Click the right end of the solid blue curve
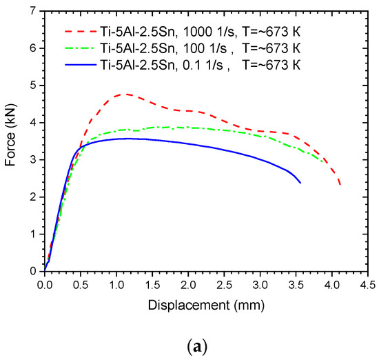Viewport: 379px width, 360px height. pos(300,182)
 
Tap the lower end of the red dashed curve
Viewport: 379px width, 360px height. pos(340,184)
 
